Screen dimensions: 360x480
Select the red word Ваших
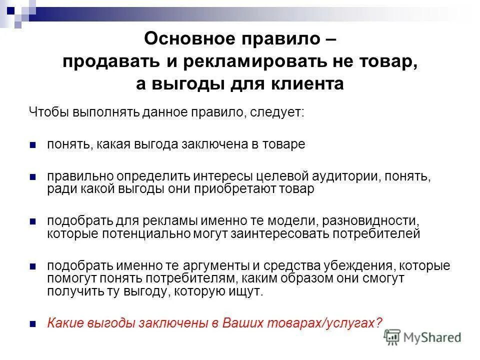240,322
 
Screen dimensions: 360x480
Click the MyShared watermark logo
424,336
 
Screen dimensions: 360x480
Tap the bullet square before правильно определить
32,177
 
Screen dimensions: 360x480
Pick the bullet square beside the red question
32,323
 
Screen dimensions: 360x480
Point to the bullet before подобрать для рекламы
32,221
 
